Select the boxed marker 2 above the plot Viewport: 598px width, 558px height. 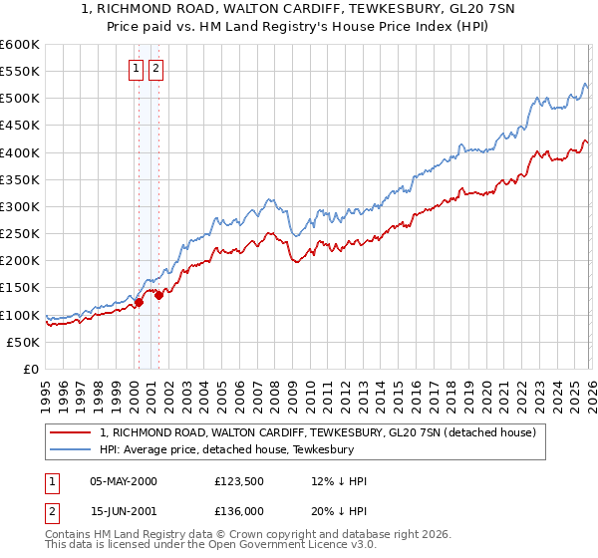pos(157,69)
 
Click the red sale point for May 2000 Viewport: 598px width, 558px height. pos(139,302)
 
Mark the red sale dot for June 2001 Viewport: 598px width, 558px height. pos(158,295)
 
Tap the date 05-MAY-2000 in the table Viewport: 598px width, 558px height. pos(124,481)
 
